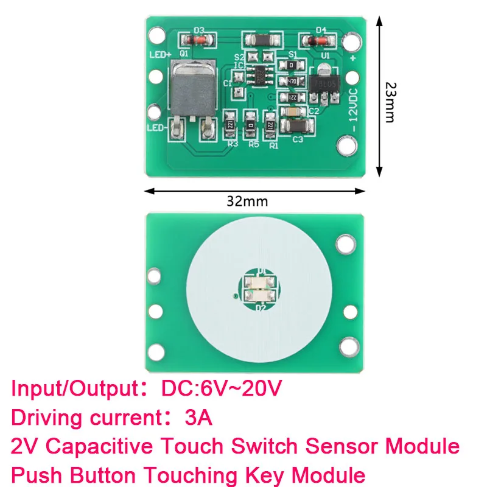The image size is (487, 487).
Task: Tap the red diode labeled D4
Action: click(x=318, y=41)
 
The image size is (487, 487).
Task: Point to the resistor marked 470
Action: click(x=292, y=81)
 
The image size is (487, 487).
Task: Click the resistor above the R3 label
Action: click(x=230, y=124)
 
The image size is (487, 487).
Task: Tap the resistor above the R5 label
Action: click(x=250, y=124)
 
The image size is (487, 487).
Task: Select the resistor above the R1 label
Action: click(x=270, y=124)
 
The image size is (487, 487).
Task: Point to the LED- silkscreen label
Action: click(x=157, y=128)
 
